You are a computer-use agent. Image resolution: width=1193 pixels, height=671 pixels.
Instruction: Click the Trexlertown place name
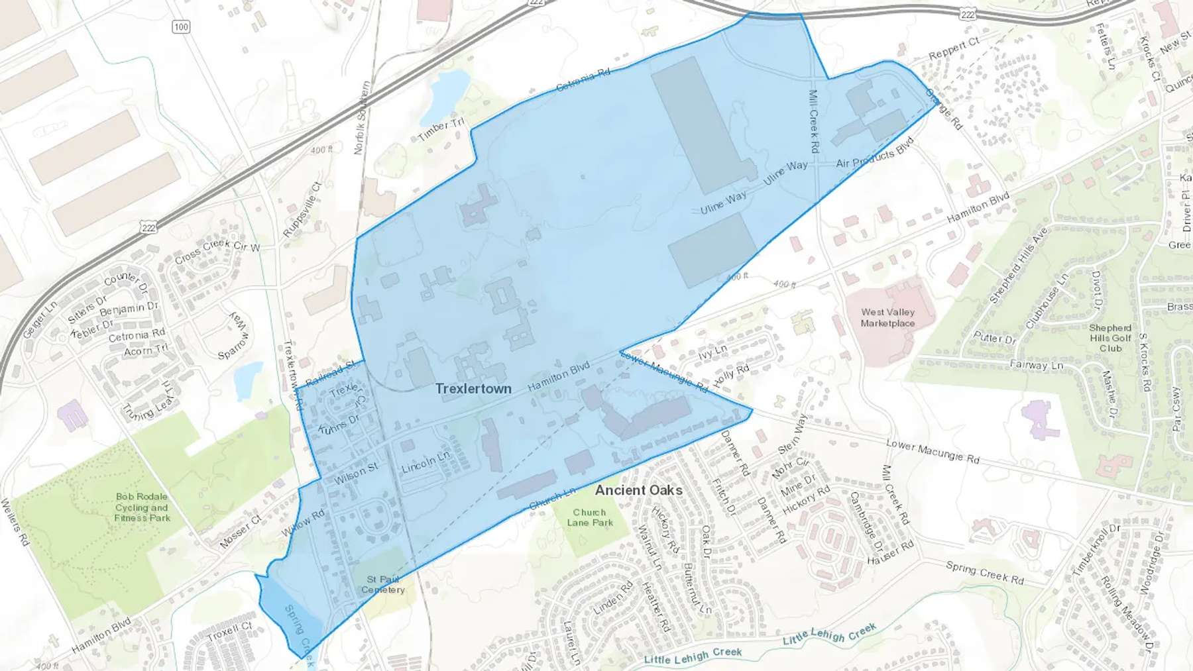tap(473, 389)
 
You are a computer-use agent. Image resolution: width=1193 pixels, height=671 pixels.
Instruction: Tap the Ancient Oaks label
tap(638, 490)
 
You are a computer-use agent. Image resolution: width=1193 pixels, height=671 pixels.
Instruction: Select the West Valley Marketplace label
tap(887, 317)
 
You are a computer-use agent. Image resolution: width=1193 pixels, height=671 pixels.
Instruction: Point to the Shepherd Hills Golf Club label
tap(1110, 338)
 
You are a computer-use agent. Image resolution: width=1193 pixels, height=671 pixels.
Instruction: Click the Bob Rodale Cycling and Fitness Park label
tap(142, 507)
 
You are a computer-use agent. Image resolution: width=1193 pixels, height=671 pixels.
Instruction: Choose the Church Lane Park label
tap(589, 517)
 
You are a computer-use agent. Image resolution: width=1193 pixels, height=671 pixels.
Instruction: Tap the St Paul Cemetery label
tap(383, 584)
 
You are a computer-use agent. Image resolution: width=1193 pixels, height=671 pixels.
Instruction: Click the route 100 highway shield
tap(181, 26)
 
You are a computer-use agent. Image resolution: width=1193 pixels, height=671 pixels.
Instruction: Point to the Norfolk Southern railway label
tap(361, 118)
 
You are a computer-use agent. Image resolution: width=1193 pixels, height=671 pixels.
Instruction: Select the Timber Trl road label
tap(441, 129)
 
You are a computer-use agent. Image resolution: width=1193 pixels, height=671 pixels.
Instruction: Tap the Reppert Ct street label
tap(954, 48)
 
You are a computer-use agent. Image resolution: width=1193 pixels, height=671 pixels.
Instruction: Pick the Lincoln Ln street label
tap(426, 462)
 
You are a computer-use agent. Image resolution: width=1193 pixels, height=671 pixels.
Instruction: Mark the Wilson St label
tap(356, 473)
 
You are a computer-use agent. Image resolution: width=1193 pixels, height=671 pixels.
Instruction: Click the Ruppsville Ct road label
tap(302, 209)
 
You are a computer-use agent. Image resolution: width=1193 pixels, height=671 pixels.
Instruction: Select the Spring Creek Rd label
tap(984, 572)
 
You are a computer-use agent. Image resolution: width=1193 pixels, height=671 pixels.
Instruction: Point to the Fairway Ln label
tap(1036, 365)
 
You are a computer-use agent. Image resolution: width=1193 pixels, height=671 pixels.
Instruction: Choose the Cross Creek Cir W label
tap(217, 250)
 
